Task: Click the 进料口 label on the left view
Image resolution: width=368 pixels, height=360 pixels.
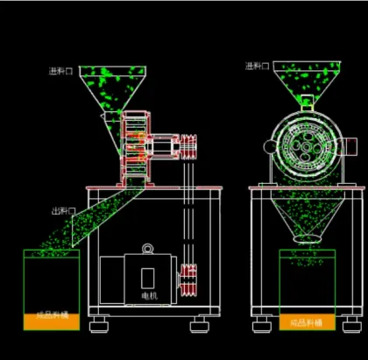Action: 62,70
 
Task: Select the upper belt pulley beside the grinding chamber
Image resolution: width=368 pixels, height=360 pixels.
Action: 190,145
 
